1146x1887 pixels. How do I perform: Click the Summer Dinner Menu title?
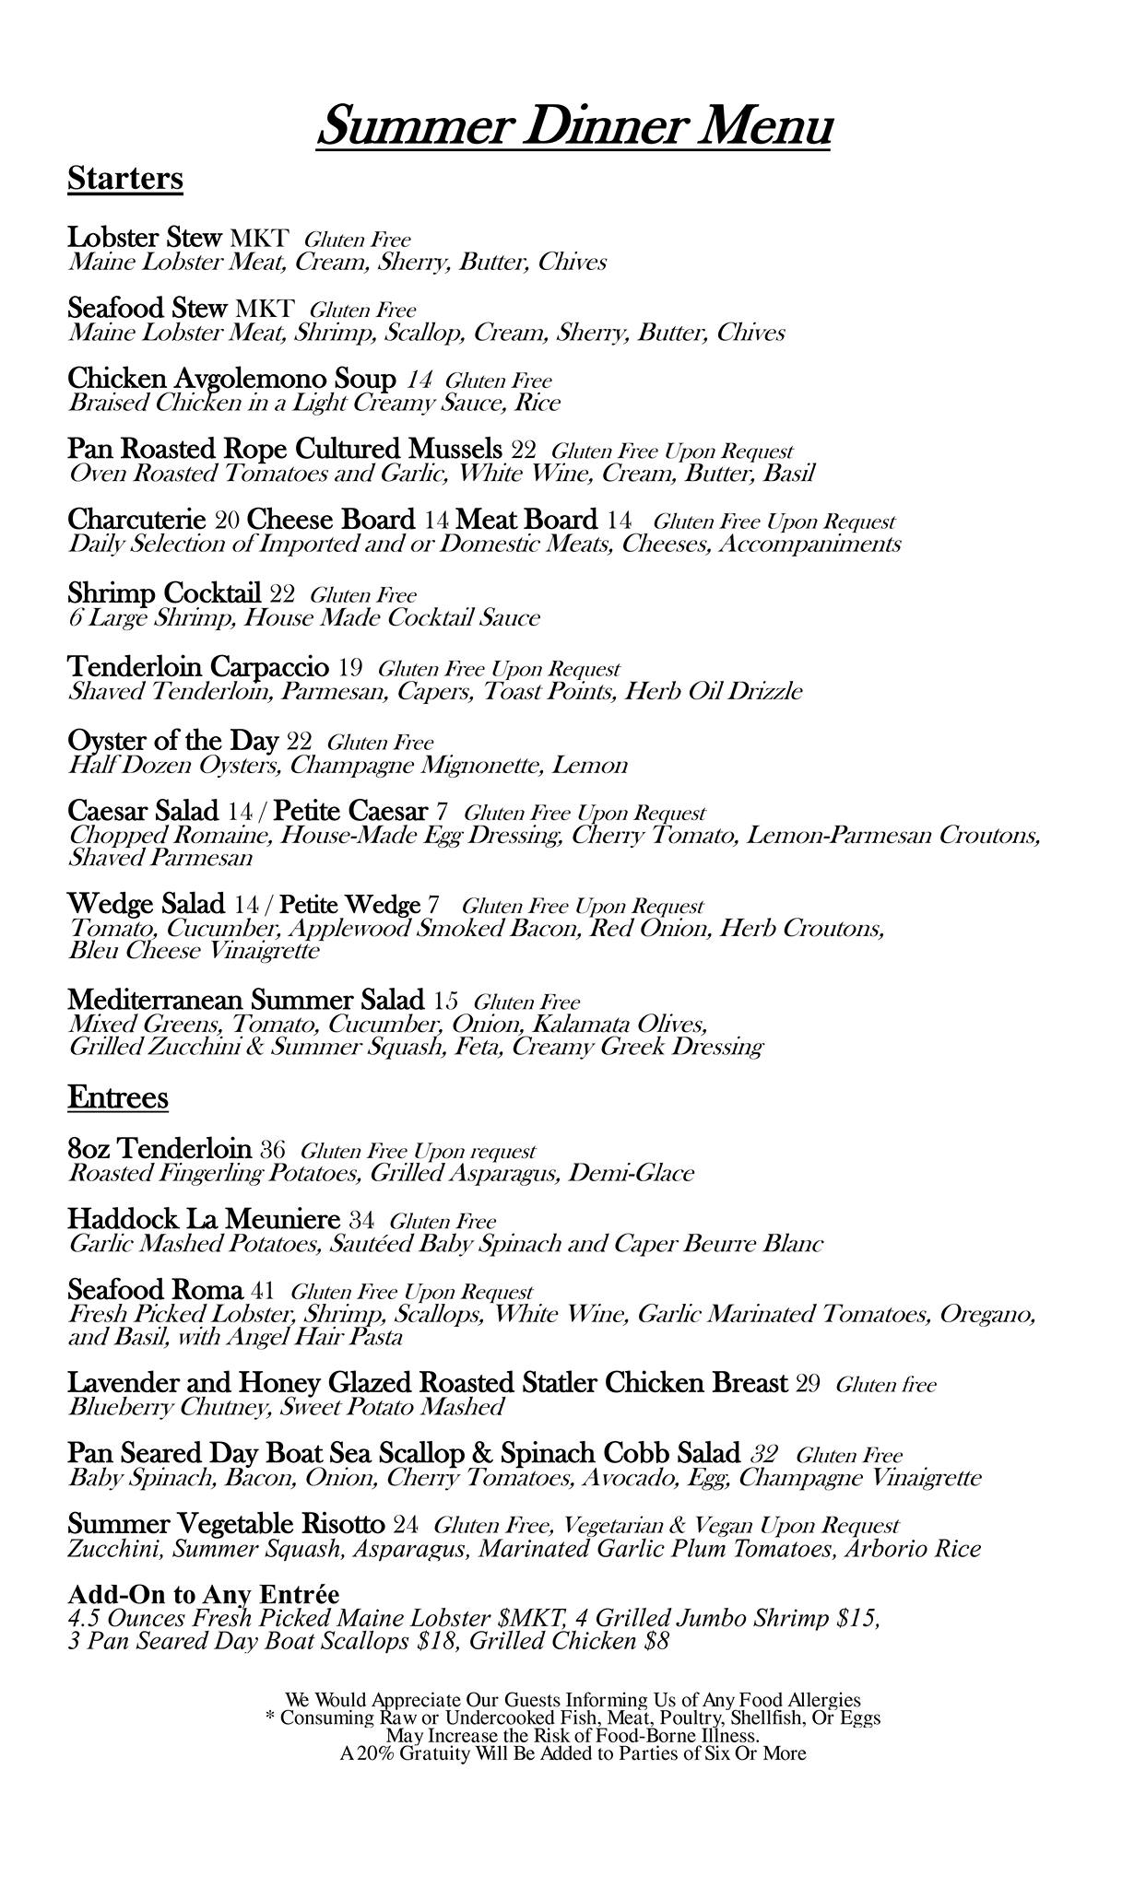pos(574,125)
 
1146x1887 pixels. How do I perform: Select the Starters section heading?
pos(125,178)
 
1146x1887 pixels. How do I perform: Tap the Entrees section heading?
pos(118,1097)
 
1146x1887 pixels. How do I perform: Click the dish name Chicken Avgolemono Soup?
pos(231,379)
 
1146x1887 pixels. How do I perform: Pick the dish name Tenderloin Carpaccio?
pos(198,666)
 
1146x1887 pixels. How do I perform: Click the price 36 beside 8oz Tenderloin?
pos(273,1150)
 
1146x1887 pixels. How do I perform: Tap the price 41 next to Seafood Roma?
pos(263,1291)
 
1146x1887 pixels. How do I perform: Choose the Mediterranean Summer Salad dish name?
pos(246,1000)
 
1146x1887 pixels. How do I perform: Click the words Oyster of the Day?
pos(172,741)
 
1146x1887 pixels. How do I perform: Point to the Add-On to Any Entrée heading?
pos(204,1595)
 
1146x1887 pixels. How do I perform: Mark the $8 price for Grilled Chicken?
pos(656,1641)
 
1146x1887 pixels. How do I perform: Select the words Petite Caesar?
pos(351,812)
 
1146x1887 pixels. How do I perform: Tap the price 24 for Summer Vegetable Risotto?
pos(406,1524)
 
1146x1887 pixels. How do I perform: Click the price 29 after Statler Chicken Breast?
pos(808,1384)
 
